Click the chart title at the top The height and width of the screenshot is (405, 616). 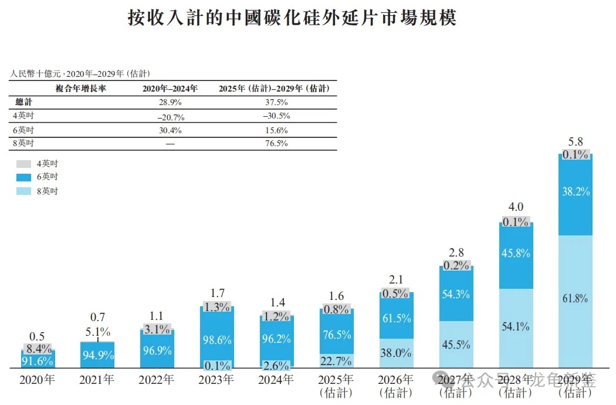[x=292, y=18]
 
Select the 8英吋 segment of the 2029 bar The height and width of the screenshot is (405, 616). [x=576, y=299]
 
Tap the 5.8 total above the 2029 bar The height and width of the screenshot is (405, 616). [x=576, y=141]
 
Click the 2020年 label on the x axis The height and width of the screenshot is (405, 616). [x=37, y=379]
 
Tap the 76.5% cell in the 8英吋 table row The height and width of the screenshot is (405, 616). [x=277, y=143]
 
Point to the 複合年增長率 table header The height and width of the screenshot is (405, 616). [x=80, y=89]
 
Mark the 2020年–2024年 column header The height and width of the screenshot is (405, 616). [x=170, y=89]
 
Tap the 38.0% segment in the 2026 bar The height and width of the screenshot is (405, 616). [x=396, y=353]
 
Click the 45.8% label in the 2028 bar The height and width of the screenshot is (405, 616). [x=516, y=254]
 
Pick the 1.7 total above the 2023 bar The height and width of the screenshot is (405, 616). [x=216, y=292]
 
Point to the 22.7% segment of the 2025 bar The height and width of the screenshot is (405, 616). [x=336, y=360]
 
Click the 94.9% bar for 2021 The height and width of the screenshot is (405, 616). [x=97, y=355]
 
